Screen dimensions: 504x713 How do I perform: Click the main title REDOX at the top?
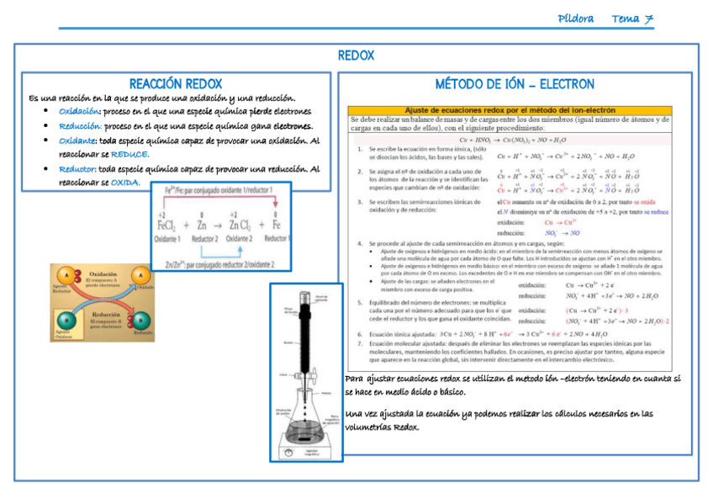[356, 56]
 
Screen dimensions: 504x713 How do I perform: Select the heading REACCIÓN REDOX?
[176, 83]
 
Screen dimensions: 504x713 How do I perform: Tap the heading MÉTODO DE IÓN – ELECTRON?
[515, 84]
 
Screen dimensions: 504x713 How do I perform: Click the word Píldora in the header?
[576, 19]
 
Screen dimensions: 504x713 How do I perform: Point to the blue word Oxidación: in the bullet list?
[80, 111]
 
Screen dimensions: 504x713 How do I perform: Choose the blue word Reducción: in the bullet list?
[80, 125]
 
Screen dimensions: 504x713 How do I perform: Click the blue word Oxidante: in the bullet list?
[77, 141]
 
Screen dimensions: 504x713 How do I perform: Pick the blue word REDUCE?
[129, 154]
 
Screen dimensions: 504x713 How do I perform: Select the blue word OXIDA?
[125, 182]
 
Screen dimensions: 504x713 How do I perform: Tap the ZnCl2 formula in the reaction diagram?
[238, 225]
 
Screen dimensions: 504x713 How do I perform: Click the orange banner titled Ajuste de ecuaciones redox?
[510, 109]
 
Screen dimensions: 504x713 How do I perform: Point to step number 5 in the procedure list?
[360, 302]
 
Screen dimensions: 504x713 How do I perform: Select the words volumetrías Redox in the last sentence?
[382, 427]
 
